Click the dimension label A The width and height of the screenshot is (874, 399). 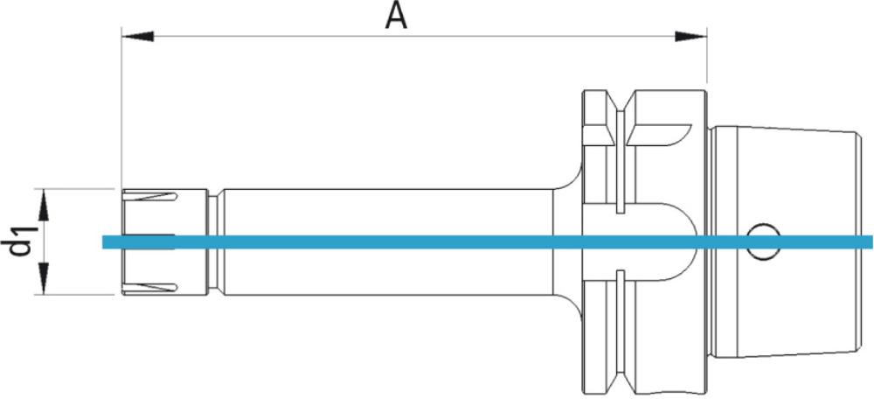click(398, 16)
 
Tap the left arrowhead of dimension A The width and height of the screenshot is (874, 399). click(135, 36)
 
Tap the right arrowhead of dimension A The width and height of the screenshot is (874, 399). click(693, 36)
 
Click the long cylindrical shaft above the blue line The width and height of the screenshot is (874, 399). click(385, 212)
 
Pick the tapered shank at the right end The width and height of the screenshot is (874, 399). click(787, 175)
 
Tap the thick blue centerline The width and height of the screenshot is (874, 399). click(437, 242)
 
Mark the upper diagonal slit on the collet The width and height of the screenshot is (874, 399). click(152, 197)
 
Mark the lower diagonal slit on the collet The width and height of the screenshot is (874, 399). click(152, 285)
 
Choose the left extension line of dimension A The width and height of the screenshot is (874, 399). click(121, 114)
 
